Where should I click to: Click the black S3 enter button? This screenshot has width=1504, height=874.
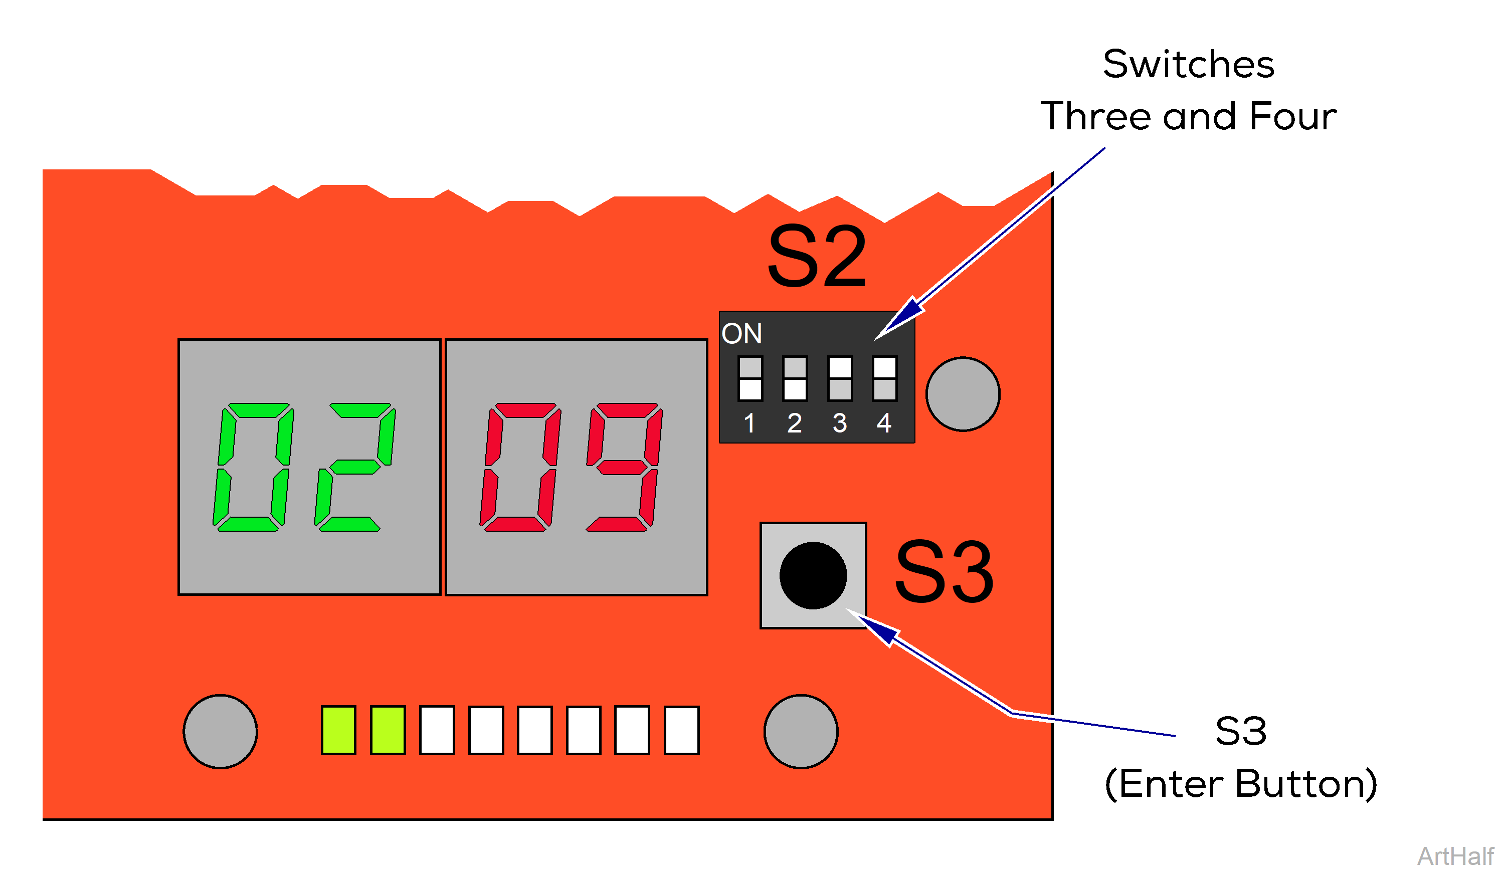tap(813, 576)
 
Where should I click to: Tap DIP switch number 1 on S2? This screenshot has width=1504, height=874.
tap(750, 378)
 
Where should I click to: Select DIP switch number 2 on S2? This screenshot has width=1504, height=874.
tap(795, 378)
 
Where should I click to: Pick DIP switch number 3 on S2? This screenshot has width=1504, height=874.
tap(840, 378)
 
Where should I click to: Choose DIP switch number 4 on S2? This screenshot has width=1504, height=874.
tap(884, 378)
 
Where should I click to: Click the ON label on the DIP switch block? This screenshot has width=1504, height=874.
tap(742, 333)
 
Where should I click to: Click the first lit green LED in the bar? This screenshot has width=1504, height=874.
tap(338, 730)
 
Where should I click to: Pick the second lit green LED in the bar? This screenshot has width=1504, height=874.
tap(388, 730)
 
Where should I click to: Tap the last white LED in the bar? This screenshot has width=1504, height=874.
tap(682, 730)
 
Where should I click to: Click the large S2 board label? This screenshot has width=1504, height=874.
tap(817, 257)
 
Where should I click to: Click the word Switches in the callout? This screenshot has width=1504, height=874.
tap(1188, 65)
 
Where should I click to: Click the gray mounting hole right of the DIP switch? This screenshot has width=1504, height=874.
tap(963, 394)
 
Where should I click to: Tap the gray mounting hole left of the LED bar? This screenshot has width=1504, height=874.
tap(220, 731)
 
